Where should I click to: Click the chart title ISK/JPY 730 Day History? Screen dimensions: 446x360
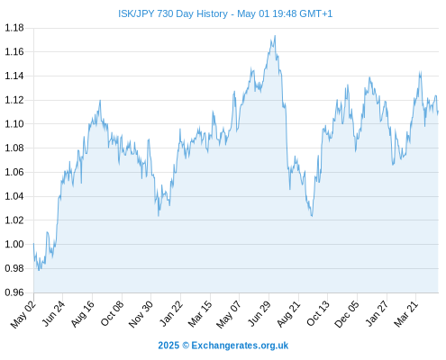pos(173,13)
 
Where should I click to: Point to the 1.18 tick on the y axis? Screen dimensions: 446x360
pos(14,28)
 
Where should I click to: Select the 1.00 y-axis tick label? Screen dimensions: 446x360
pos(14,244)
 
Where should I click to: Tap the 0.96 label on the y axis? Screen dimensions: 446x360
pos(14,292)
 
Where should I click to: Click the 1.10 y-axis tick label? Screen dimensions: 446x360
pos(14,124)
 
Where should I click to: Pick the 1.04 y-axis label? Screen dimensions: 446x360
pos(14,196)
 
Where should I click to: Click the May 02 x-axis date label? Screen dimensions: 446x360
pos(23,315)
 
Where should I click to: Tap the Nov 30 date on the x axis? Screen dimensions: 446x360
pos(141,314)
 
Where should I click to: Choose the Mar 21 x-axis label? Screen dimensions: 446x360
pos(405,314)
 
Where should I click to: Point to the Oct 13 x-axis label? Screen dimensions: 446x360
pos(318,314)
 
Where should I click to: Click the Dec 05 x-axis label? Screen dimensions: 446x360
pos(346,314)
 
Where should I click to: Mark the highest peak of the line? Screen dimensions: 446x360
pos(275,36)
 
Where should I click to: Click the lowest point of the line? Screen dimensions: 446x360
pos(39,270)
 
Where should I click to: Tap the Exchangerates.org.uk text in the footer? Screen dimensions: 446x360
pos(240,346)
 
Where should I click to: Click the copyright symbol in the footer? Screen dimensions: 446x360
pos(186,346)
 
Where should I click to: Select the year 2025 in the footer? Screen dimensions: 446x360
pos(168,346)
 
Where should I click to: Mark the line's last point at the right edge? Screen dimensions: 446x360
pos(438,112)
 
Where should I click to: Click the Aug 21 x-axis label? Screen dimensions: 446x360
pos(288,314)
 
